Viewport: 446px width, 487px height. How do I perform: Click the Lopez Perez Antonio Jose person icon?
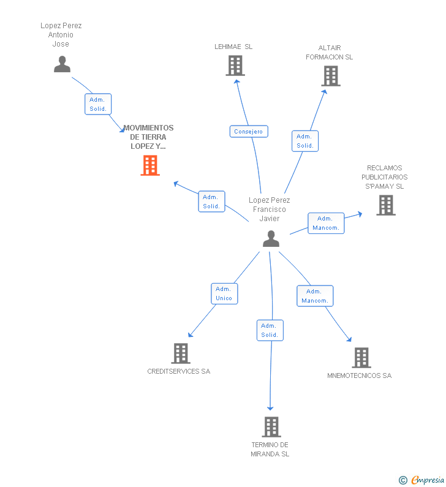(62, 64)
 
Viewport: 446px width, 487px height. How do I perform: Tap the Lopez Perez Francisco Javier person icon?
(271, 238)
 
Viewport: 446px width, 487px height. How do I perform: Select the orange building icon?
(150, 165)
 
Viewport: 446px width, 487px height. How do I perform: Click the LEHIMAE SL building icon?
(235, 66)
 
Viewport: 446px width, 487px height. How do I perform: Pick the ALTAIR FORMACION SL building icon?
(331, 76)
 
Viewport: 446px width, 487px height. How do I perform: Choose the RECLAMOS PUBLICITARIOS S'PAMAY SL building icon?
(386, 205)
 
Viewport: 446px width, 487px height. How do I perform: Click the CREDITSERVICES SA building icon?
(181, 353)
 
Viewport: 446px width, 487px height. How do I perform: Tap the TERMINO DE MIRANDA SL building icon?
(271, 427)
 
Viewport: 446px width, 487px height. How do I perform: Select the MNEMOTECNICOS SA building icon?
(361, 358)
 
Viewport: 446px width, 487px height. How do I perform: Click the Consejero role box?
(249, 131)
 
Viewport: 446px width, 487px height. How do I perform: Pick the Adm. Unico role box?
(224, 293)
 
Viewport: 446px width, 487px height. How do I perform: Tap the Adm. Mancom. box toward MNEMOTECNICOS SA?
(315, 296)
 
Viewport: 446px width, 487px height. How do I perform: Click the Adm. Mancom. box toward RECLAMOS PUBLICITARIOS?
(326, 224)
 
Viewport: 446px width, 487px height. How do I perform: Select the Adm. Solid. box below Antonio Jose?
(98, 104)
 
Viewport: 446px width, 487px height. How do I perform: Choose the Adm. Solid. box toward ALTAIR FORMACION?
(305, 141)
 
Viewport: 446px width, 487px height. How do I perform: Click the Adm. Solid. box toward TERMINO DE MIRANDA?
(270, 330)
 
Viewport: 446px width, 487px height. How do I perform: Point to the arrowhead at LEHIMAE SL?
(237, 81)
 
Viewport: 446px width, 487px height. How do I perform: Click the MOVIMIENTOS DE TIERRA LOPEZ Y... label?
(148, 137)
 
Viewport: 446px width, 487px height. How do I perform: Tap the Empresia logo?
(421, 480)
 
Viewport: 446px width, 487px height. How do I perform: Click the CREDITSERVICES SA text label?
(179, 371)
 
